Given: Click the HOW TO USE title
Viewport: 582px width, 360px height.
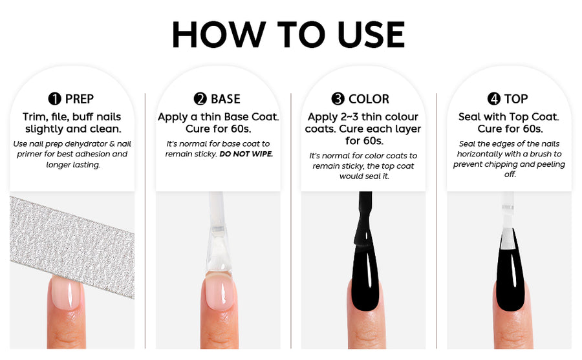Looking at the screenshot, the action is point(288,34).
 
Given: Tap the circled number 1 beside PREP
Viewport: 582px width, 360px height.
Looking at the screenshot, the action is point(54,99).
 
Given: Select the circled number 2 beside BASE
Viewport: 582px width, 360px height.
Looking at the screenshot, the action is point(200,99).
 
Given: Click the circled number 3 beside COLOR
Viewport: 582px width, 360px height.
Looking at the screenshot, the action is point(338,99).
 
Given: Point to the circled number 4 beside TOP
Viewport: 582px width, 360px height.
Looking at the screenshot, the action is point(493,99).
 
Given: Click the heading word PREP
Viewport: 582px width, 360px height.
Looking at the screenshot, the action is point(80,99).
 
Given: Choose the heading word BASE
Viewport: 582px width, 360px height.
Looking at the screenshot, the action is point(225,99).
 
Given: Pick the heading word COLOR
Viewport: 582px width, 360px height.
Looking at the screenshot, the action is point(369,99).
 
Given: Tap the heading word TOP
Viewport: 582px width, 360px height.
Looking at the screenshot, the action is point(516,99).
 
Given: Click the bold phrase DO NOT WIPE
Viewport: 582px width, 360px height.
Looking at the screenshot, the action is point(246,154).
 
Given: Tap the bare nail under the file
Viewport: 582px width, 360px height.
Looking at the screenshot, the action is point(66,293).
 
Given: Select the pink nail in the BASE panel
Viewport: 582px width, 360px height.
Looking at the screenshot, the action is point(219,293).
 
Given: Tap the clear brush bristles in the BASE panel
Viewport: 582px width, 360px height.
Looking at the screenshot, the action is point(219,252).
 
